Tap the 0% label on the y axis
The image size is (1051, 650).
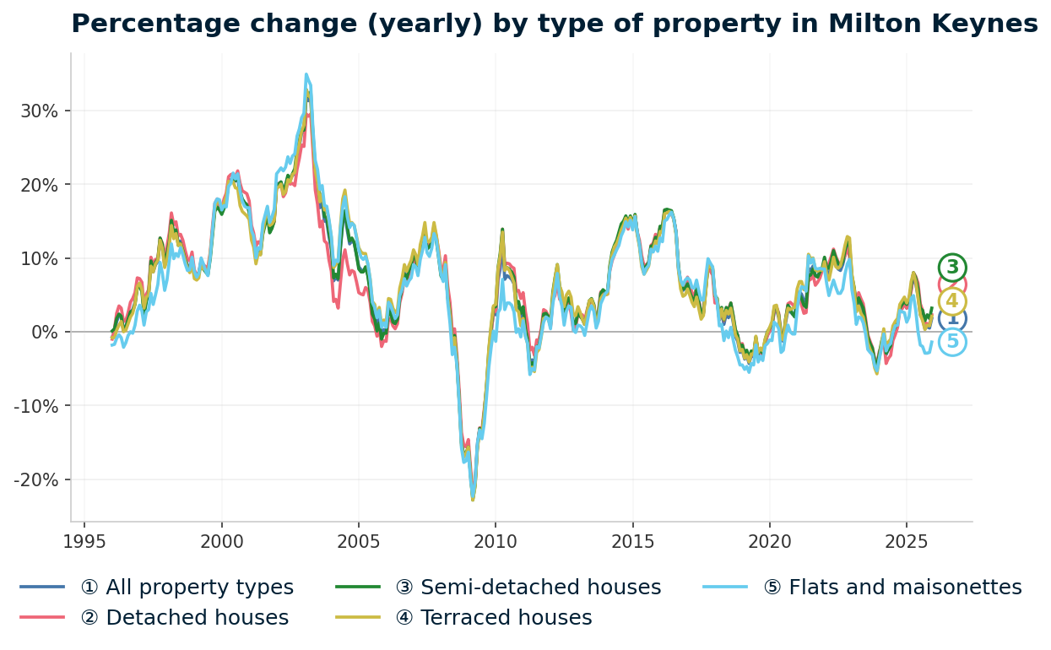(x=44, y=332)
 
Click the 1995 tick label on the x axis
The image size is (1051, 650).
(x=84, y=541)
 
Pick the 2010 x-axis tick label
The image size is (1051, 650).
(x=496, y=541)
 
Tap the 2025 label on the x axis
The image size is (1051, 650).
(x=907, y=541)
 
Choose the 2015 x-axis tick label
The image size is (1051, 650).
(x=632, y=541)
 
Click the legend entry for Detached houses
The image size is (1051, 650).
(x=184, y=618)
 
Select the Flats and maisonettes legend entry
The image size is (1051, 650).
(x=904, y=588)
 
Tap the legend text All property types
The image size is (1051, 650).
(x=187, y=588)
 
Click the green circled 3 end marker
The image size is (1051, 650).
(x=952, y=268)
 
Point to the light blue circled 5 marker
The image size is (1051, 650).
(x=952, y=342)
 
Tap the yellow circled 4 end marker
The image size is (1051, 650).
(x=952, y=301)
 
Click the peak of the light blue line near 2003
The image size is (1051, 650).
(x=306, y=74)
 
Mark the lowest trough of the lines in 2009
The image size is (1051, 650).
(x=473, y=500)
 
